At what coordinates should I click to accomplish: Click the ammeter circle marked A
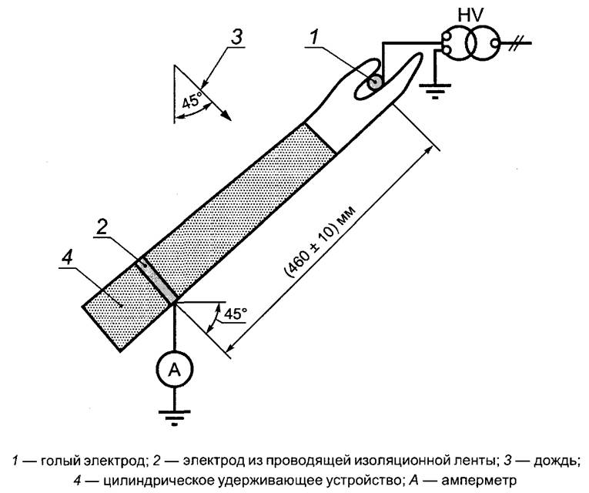point(175,370)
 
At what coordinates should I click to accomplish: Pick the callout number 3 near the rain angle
point(238,35)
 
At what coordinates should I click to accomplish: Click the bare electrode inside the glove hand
point(376,81)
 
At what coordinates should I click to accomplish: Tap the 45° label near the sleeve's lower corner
point(235,314)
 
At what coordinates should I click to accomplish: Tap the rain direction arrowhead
point(226,115)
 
